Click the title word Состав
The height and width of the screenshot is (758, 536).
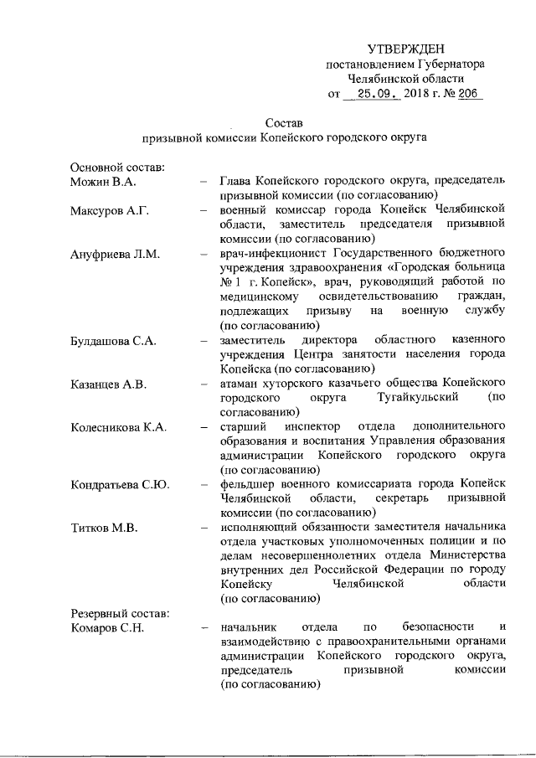click(x=285, y=124)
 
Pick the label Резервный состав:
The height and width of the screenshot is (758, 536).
click(x=120, y=613)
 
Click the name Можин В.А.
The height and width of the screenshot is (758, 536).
click(x=103, y=180)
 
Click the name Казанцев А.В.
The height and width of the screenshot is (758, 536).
click(x=109, y=385)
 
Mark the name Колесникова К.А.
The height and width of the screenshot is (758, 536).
click(x=119, y=429)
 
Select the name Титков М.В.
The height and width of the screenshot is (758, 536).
click(x=103, y=529)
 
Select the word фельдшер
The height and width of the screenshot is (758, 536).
click(x=249, y=486)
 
